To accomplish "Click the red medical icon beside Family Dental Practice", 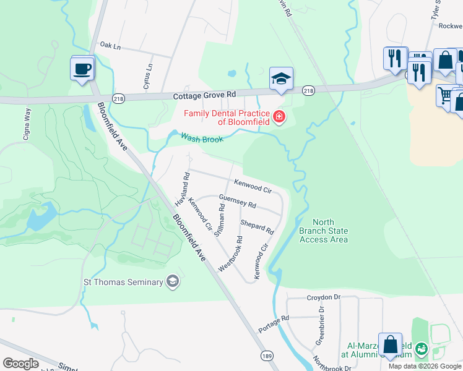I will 279,116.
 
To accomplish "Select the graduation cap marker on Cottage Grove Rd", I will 281,80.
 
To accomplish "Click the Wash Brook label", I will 201,138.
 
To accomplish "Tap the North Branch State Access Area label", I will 323,231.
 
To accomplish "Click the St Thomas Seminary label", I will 123,283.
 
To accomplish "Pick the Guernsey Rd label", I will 237,200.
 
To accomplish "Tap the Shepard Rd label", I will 257,226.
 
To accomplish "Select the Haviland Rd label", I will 181,189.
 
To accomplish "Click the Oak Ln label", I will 110,45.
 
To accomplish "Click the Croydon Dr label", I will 324,297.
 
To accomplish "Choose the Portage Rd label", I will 274,325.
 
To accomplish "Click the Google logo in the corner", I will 21,364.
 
